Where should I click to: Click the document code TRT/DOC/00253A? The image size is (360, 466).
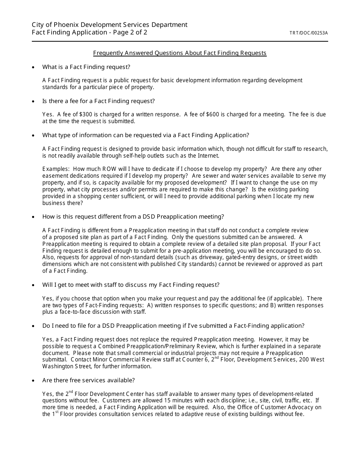[x=308, y=33]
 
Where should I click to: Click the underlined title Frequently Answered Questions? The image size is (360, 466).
[x=180, y=53]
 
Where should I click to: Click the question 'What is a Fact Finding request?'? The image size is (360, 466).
[x=86, y=67]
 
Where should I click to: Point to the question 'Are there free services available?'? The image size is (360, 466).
[x=88, y=380]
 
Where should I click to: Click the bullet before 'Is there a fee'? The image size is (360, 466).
[x=34, y=102]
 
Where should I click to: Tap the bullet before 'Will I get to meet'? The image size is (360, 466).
[x=34, y=285]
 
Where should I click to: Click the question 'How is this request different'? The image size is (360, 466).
[x=133, y=217]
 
